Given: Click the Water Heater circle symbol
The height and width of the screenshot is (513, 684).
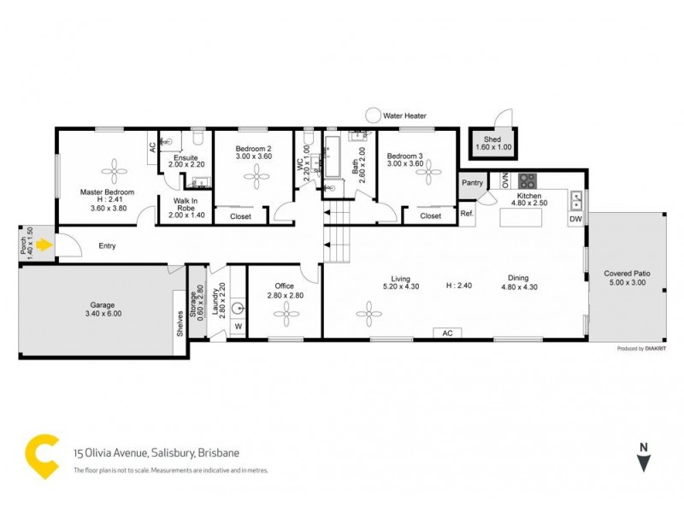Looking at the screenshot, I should pyautogui.click(x=374, y=115).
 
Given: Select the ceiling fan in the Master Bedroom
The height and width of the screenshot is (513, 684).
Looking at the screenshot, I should pyautogui.click(x=108, y=168).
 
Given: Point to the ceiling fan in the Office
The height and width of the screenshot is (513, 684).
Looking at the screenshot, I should pyautogui.click(x=284, y=315).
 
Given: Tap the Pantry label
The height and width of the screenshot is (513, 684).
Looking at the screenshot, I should pyautogui.click(x=472, y=183).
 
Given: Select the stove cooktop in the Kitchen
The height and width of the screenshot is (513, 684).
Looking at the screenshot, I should pyautogui.click(x=528, y=180).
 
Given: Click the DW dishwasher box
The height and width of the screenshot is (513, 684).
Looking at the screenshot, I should pyautogui.click(x=575, y=220).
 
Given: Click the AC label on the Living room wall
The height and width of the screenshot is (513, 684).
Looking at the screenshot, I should pyautogui.click(x=446, y=333).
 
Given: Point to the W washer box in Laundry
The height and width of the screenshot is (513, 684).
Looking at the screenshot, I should pyautogui.click(x=238, y=326).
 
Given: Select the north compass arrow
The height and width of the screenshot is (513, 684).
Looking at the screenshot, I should pyautogui.click(x=642, y=463).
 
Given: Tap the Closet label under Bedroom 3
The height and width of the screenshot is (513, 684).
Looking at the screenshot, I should pyautogui.click(x=430, y=216).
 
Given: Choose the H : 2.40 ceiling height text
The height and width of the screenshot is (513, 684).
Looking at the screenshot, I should pyautogui.click(x=459, y=285).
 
